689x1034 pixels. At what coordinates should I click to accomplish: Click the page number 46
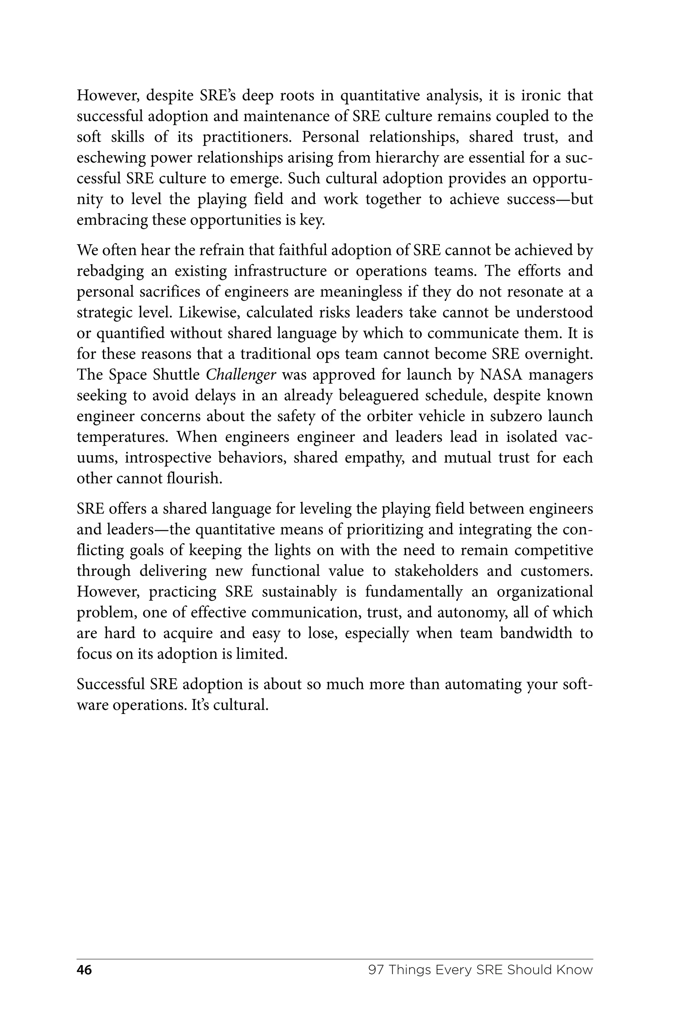pyautogui.click(x=84, y=970)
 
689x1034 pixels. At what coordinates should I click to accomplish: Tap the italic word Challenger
pyautogui.click(x=241, y=375)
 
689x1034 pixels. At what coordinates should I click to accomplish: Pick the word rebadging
pyautogui.click(x=110, y=271)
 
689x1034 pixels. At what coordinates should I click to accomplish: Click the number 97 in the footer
pyautogui.click(x=376, y=970)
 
